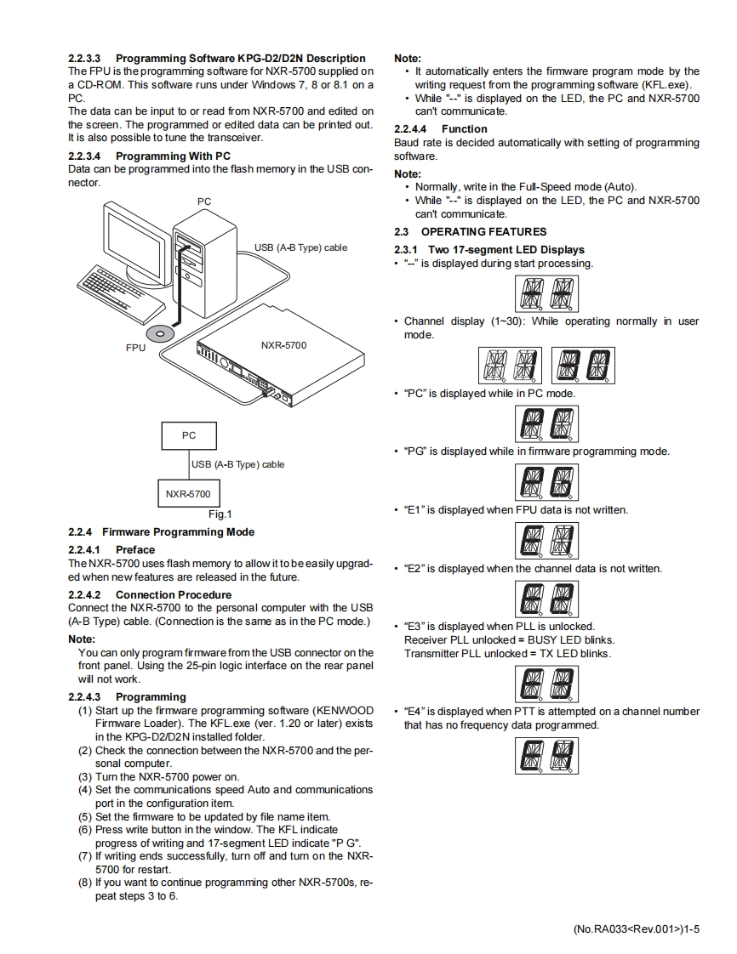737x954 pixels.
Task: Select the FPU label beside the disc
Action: tap(135, 349)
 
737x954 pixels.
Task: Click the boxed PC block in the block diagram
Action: tap(189, 435)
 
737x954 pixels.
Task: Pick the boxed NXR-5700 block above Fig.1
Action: tap(188, 493)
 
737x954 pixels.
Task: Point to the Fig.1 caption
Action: tap(220, 514)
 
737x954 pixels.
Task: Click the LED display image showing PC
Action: tap(546, 423)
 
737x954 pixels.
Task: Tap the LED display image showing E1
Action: tap(546, 540)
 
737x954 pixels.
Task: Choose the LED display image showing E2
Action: tap(546, 598)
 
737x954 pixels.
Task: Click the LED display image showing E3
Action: tap(546, 684)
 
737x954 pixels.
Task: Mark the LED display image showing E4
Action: tap(546, 755)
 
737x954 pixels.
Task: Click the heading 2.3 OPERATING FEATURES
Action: tap(470, 231)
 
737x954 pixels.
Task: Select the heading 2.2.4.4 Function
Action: tap(440, 129)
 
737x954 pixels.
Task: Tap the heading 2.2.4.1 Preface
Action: tap(111, 550)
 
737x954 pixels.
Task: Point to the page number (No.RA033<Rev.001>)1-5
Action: tap(636, 929)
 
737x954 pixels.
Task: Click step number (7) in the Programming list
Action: tap(85, 856)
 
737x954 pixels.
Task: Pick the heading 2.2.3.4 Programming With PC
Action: tap(149, 156)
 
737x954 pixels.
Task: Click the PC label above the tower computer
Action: tap(204, 202)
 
